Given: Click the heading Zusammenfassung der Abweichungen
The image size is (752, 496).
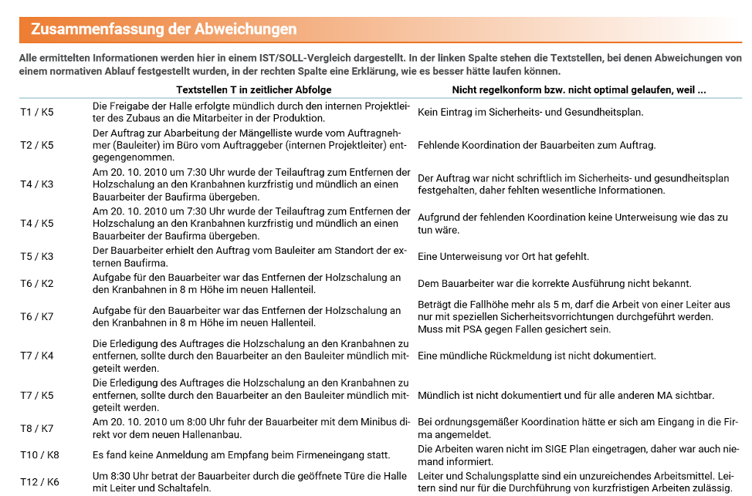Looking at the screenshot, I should click(164, 29).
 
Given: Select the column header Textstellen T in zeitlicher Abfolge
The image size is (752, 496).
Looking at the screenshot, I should click(254, 89).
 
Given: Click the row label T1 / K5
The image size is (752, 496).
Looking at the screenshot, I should click(37, 112).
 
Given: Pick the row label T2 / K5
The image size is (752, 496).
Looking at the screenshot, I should click(37, 145).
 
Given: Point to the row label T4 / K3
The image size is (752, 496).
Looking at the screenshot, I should click(37, 184).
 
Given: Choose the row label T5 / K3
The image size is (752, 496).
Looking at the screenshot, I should click(37, 256).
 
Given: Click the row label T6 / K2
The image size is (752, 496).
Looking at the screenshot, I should click(37, 283).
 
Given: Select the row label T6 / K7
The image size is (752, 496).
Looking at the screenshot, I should click(37, 316).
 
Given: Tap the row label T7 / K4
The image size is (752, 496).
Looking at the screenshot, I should click(37, 356).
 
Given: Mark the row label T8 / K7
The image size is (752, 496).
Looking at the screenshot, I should click(37, 428).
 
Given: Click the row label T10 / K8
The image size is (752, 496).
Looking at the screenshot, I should click(39, 454).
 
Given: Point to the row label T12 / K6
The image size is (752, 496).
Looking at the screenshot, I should click(39, 481).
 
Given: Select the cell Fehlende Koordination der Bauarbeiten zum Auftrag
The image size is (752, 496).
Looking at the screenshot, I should click(537, 145).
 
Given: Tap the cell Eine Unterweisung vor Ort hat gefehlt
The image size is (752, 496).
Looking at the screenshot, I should click(503, 257).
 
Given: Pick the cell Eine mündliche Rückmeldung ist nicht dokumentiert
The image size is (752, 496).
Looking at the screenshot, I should click(537, 356).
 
